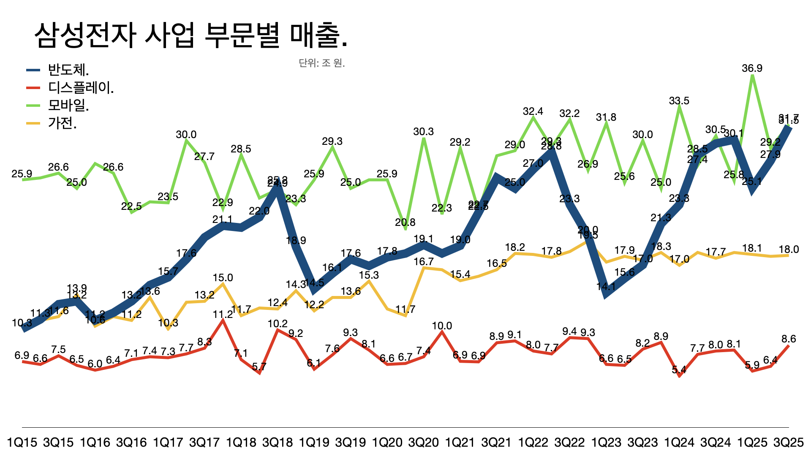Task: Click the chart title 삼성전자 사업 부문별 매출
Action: tap(191, 35)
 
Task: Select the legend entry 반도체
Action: tap(68, 70)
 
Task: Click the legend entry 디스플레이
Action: tap(81, 87)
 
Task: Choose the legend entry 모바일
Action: tap(68, 105)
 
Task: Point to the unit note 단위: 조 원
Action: tap(322, 63)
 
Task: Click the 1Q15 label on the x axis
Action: tap(22, 442)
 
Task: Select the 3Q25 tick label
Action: tap(788, 442)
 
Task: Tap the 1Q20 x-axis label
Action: tap(387, 442)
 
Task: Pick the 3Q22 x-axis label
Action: tap(569, 442)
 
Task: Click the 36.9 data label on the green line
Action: tap(752, 68)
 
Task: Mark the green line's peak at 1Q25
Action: tap(752, 76)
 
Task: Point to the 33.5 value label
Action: tap(679, 101)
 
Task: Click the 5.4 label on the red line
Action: tap(679, 370)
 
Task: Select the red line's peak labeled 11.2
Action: tap(223, 315)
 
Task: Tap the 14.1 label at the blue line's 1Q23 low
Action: tap(606, 287)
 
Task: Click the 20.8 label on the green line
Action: tap(405, 223)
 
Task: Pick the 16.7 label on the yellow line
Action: tap(423, 262)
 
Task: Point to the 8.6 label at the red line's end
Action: tap(788, 339)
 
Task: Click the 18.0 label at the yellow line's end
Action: tap(789, 250)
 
